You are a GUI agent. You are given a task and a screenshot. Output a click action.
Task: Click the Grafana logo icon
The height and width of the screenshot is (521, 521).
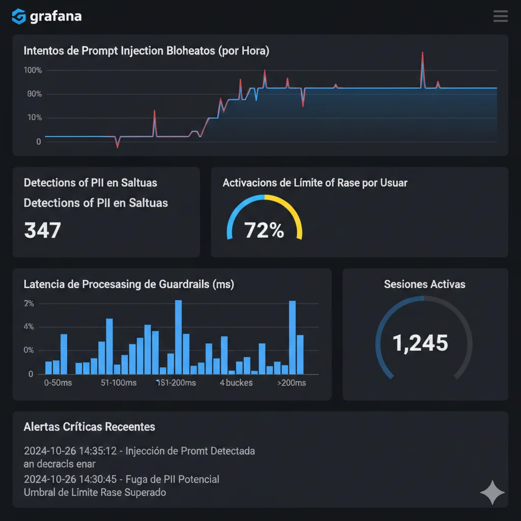click(18, 16)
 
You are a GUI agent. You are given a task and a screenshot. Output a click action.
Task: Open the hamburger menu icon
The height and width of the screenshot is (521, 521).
click(500, 16)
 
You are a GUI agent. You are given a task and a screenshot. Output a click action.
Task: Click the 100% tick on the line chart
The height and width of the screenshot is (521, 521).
click(33, 70)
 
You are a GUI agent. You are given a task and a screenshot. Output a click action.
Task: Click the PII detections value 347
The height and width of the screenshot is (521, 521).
click(42, 230)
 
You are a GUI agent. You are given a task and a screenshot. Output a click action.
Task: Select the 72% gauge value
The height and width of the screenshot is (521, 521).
click(264, 230)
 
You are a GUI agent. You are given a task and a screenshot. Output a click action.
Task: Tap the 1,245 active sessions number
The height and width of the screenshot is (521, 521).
click(420, 343)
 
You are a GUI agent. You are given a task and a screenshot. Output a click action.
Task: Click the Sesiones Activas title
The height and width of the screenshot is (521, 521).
click(424, 284)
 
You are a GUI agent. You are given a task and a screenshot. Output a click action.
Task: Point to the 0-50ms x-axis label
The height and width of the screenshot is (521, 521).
click(58, 383)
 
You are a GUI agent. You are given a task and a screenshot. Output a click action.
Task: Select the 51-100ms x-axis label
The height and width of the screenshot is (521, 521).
click(119, 383)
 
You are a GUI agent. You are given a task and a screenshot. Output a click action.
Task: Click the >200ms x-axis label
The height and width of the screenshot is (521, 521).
click(292, 383)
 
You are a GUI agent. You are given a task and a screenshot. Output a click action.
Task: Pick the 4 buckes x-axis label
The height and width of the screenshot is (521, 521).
click(236, 383)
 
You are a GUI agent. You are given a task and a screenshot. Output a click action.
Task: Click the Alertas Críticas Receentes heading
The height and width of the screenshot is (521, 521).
click(90, 427)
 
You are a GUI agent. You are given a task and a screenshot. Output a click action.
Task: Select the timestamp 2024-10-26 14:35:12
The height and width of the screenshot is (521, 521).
click(71, 451)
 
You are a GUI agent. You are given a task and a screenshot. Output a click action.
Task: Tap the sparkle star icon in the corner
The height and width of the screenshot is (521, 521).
click(493, 492)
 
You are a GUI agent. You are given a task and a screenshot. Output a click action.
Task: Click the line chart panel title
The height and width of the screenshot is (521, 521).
click(147, 51)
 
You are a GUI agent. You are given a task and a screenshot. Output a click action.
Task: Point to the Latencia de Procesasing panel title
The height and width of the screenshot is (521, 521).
click(129, 284)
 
